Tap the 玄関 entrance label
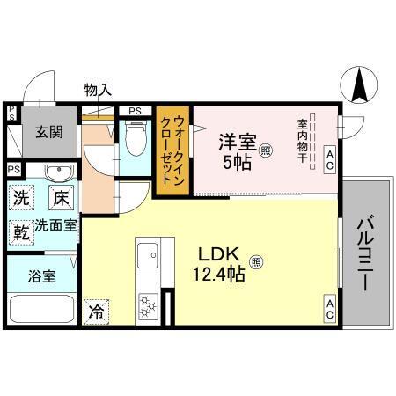(x=48, y=132)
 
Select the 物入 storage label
(x=98, y=89)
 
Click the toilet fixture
(x=136, y=138)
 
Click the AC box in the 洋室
(x=330, y=158)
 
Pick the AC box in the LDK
(x=330, y=309)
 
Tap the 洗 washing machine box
(x=22, y=199)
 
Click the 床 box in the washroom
(x=59, y=199)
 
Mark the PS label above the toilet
(x=135, y=111)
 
